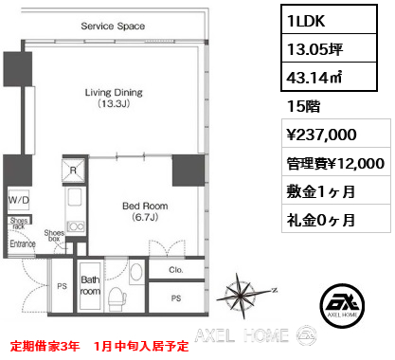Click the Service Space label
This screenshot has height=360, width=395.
tap(113, 26)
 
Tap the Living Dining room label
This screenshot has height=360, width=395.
tap(114, 98)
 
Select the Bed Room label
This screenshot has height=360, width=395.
tap(145, 211)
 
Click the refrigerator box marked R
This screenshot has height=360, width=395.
tap(74, 171)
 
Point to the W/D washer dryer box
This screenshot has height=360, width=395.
tap(19, 200)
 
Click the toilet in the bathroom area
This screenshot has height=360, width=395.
tap(117, 298)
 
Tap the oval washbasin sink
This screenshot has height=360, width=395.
tap(136, 272)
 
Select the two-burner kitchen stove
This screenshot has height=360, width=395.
tap(76, 226)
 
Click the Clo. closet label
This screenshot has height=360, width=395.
tap(176, 270)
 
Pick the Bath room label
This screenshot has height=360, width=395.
tap(90, 285)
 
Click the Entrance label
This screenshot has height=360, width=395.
tap(23, 243)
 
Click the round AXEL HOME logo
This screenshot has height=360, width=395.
tap(342, 306)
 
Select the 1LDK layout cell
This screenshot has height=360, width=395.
tap(329, 20)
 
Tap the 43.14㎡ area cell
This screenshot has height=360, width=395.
tap(329, 77)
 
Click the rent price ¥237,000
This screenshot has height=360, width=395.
tap(321, 135)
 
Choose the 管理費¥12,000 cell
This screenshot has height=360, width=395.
tap(335, 163)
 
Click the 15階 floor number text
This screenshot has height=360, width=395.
tap(303, 106)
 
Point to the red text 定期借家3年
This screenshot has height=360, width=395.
tap(45, 346)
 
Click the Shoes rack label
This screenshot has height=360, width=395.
tap(19, 223)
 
